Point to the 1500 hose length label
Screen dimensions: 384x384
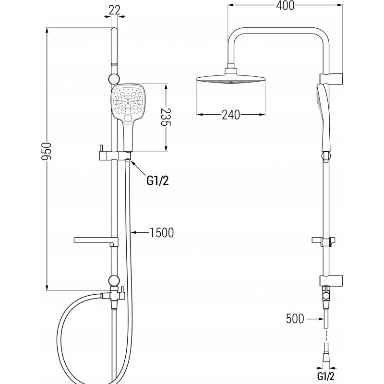pos(161,233)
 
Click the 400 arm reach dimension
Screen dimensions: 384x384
pos(286,5)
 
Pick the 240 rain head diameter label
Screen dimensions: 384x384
pos(231,115)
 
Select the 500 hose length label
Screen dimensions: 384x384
pos(295,318)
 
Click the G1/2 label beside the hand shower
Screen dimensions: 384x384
pos(157,180)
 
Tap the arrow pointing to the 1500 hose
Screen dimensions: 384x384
pos(139,233)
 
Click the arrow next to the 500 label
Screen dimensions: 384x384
pos(314,318)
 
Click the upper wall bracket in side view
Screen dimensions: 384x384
pos(332,77)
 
